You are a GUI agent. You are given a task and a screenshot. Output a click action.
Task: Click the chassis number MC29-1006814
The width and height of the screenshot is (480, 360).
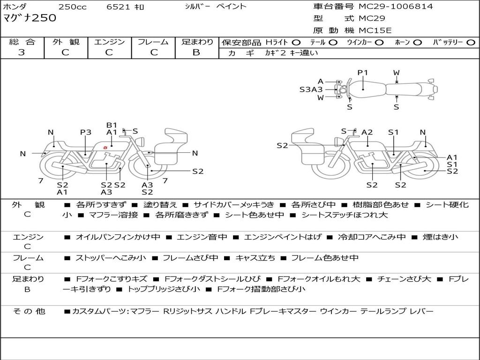(x=396, y=7)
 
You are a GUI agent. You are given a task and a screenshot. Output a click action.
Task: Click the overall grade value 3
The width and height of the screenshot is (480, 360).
(x=22, y=52)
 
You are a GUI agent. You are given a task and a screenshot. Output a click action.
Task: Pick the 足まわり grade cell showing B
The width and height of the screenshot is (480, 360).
(x=196, y=52)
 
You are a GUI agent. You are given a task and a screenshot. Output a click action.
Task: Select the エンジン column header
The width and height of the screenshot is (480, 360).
(x=109, y=42)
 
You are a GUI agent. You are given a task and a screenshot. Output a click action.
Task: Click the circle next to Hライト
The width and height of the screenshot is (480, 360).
(x=296, y=42)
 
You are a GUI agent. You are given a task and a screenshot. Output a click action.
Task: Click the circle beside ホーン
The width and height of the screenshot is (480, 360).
(x=418, y=42)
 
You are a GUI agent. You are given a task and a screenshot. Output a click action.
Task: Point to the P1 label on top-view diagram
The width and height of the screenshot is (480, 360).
(x=363, y=73)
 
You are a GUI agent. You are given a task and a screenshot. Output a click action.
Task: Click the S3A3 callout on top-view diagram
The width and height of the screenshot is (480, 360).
(x=311, y=89)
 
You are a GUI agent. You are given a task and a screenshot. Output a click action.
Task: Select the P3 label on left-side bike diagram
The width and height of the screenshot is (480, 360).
(x=85, y=132)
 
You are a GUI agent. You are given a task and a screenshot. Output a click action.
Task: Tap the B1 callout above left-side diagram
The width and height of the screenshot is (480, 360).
(x=112, y=125)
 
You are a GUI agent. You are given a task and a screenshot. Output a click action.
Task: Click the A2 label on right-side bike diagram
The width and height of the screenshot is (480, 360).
(x=367, y=132)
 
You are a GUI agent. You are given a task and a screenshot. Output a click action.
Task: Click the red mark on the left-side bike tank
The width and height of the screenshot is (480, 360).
(x=105, y=148)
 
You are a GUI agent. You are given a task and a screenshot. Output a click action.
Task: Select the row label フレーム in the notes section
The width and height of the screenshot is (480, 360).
(x=28, y=258)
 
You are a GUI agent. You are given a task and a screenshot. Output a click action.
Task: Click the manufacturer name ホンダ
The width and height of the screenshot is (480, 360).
(x=15, y=7)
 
